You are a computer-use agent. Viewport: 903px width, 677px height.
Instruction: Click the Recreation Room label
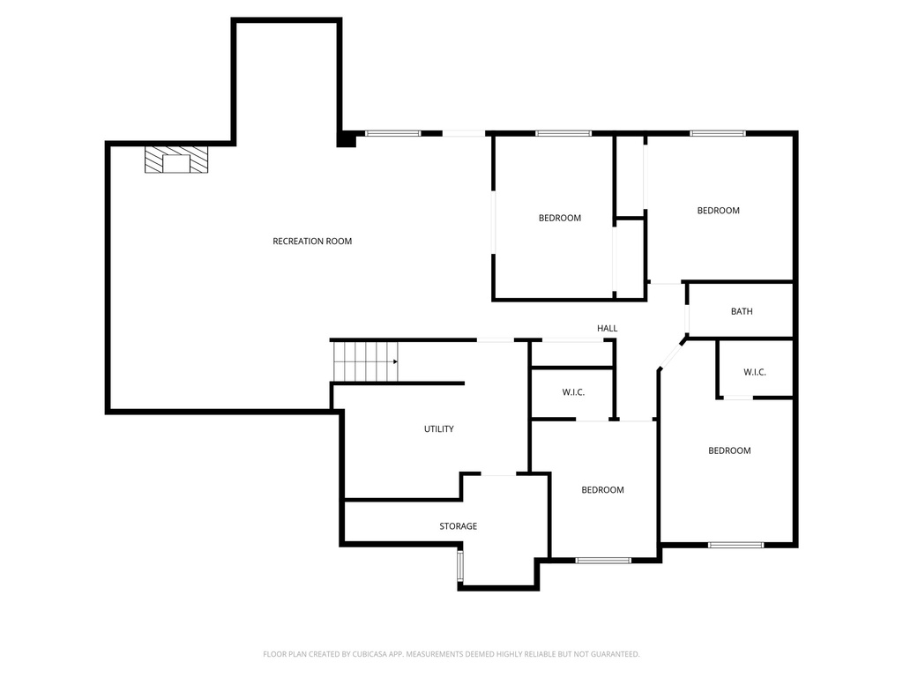[312, 241]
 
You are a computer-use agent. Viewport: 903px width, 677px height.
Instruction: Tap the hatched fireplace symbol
[177, 160]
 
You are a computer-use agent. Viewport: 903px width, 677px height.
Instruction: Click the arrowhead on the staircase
[396, 361]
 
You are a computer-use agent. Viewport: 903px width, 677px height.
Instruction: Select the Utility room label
[438, 429]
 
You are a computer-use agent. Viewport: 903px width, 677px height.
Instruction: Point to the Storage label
[458, 526]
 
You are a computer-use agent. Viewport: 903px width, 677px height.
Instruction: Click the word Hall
[607, 328]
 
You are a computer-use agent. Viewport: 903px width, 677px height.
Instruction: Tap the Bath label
[742, 311]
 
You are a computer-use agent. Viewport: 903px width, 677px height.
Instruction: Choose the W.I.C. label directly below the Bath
[754, 372]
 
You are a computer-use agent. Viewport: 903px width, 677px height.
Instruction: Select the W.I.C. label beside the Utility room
[573, 392]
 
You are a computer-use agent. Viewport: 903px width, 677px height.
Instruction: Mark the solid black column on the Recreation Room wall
[347, 139]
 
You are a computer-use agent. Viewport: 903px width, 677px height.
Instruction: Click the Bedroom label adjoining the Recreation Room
[560, 218]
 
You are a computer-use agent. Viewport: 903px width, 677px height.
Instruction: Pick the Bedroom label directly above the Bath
[718, 211]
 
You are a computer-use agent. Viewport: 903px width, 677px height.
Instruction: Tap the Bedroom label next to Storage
[602, 490]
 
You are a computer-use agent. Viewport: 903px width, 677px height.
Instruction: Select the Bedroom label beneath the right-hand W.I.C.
[729, 450]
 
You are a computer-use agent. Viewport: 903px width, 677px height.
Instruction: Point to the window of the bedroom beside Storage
[603, 560]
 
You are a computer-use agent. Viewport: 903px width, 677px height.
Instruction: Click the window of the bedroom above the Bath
[718, 134]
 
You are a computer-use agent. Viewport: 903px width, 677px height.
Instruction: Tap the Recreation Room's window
[392, 134]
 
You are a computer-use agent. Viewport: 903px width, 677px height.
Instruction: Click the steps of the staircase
[362, 361]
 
